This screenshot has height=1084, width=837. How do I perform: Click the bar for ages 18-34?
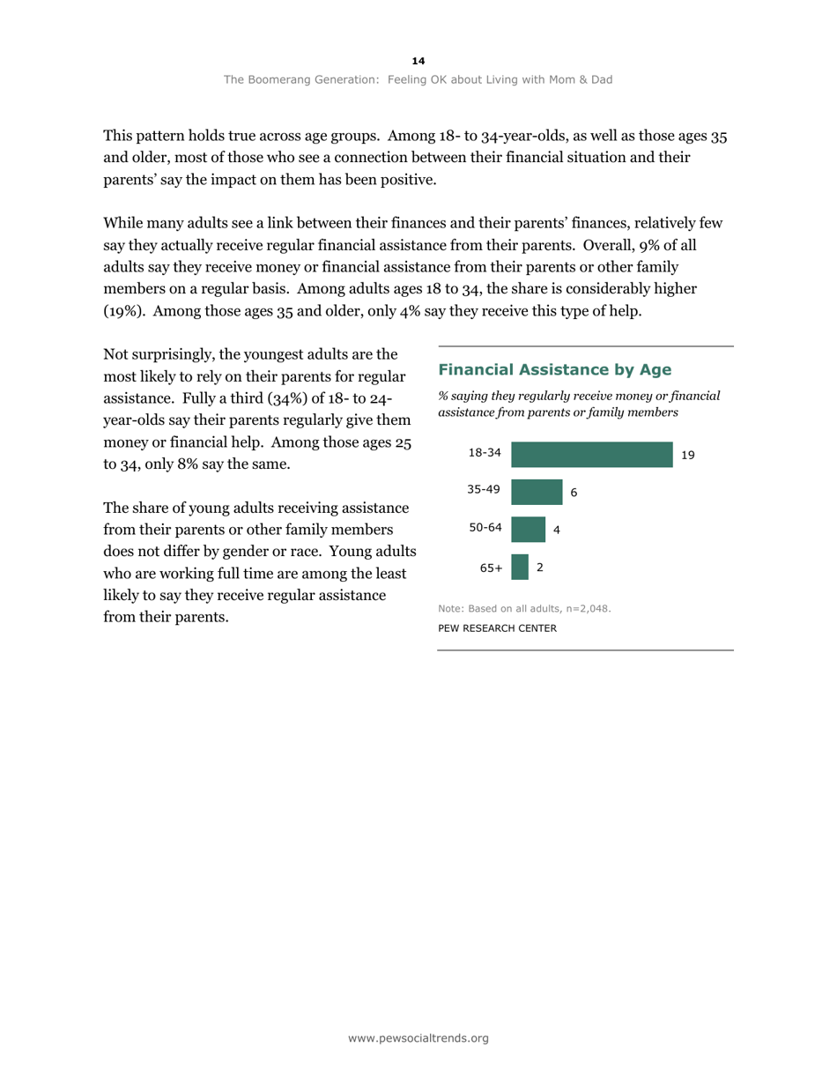(591, 455)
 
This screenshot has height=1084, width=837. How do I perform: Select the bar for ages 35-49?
(537, 492)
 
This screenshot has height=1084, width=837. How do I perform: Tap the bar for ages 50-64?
(528, 530)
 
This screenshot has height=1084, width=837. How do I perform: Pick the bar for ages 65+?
(520, 567)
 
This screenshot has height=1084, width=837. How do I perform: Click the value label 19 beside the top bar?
(688, 456)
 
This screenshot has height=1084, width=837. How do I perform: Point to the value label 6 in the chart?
(574, 493)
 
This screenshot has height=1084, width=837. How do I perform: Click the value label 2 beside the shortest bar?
(539, 568)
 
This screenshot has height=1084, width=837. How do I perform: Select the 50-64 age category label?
(485, 528)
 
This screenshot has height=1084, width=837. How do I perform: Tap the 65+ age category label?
(491, 568)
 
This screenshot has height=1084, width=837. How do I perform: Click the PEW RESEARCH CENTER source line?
(497, 628)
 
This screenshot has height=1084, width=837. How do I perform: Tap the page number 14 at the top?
(418, 61)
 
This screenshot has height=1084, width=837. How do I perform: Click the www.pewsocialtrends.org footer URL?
(418, 1038)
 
